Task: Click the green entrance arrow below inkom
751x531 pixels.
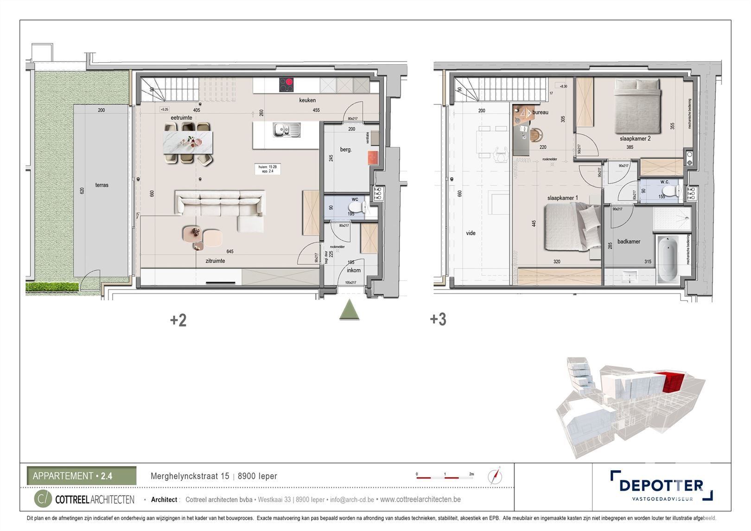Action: coord(349,310)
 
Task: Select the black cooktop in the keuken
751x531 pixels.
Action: coord(286,84)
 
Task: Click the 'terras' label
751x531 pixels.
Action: coord(102,185)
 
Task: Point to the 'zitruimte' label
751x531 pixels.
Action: coord(215,261)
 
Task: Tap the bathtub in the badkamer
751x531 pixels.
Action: coord(668,258)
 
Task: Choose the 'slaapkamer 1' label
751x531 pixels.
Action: coord(562,198)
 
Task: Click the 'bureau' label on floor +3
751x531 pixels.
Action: coord(540,112)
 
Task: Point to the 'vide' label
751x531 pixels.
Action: coord(471,233)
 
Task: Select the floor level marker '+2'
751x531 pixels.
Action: coord(178,320)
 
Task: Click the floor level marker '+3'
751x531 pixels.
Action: coord(438,319)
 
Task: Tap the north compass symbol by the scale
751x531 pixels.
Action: coord(495,476)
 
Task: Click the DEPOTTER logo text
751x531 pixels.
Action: coord(661,485)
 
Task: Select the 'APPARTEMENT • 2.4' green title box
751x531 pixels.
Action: coord(82,476)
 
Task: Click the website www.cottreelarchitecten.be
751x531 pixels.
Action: coord(420,499)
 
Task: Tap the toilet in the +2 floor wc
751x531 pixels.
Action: coord(356,205)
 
